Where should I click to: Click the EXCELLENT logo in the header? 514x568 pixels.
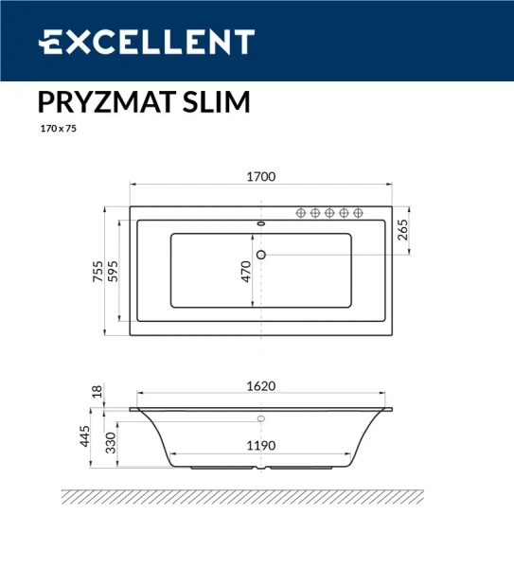(x=147, y=43)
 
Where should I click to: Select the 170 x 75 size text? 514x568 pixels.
(x=58, y=130)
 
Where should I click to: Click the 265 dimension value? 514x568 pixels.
(x=402, y=230)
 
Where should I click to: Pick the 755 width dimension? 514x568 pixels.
(x=97, y=270)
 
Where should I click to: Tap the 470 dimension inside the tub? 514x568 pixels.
(x=246, y=272)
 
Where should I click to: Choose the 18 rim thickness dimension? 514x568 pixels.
(x=97, y=391)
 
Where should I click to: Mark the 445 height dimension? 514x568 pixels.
(x=84, y=436)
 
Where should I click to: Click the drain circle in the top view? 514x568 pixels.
(x=262, y=254)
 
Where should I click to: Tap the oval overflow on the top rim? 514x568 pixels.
(x=262, y=224)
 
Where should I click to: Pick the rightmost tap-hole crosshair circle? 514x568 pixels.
(x=358, y=213)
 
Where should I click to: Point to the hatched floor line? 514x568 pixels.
(x=241, y=495)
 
